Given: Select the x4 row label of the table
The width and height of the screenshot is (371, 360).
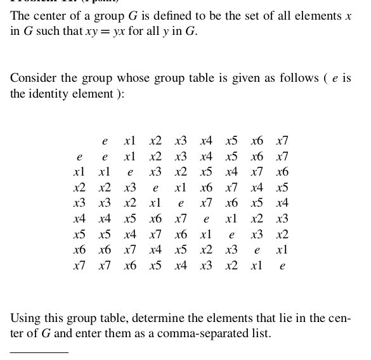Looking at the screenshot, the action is (x=79, y=219).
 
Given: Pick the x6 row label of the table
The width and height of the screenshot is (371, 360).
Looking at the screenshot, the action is (x=79, y=250).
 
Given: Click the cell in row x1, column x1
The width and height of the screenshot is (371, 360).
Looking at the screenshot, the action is (x=130, y=172).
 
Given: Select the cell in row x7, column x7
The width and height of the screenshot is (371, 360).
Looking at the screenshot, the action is (x=282, y=266).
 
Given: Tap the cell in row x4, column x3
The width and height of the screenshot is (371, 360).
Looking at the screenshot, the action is (x=181, y=219).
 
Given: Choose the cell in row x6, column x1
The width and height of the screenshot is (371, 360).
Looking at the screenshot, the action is (x=130, y=250).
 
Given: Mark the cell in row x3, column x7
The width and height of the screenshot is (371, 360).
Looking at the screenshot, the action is (x=282, y=203).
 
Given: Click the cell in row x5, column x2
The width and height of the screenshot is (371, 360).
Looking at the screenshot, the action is (x=155, y=235).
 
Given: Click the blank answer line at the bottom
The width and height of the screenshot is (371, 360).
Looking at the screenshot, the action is (x=39, y=352).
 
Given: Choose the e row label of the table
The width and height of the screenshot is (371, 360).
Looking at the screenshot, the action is (x=79, y=157).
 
